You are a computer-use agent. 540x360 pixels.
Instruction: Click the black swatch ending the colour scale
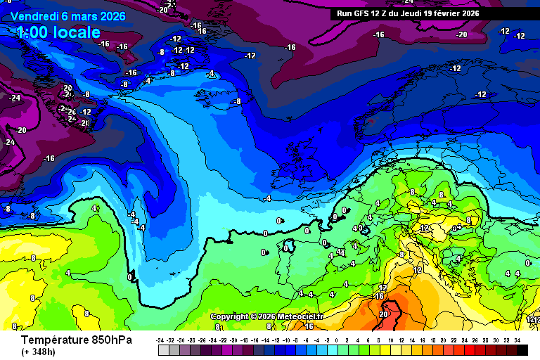pyautogui.click(x=522, y=349)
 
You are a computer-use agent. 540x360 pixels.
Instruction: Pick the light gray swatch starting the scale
pyautogui.click(x=163, y=349)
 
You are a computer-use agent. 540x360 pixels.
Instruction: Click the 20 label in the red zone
pyautogui.click(x=383, y=314)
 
